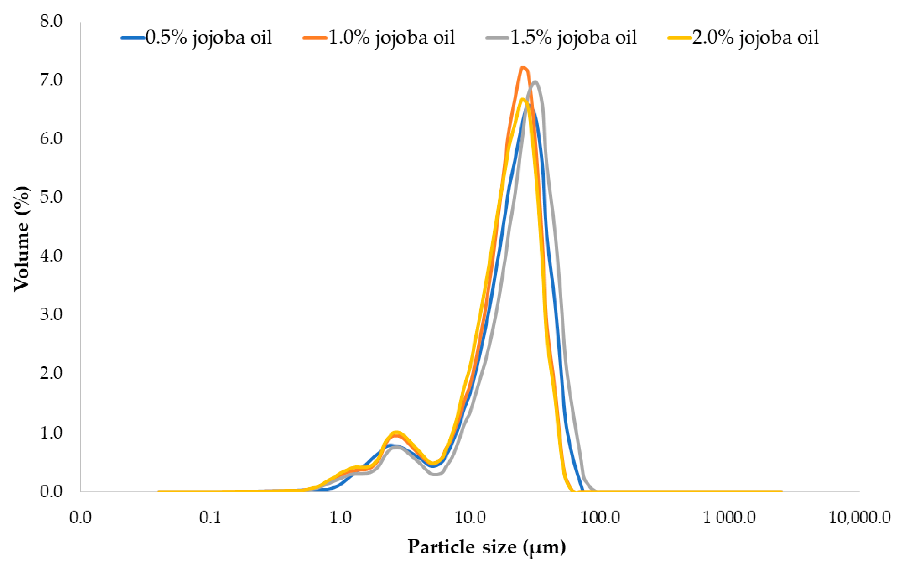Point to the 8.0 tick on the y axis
pos(51,21)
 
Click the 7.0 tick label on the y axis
pos(51,80)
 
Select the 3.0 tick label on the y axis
pos(51,315)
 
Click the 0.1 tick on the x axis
pos(210,518)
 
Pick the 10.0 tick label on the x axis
pos(470,518)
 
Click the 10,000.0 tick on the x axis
pos(860,518)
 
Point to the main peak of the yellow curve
pos(522,99)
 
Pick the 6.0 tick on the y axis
pos(51,139)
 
